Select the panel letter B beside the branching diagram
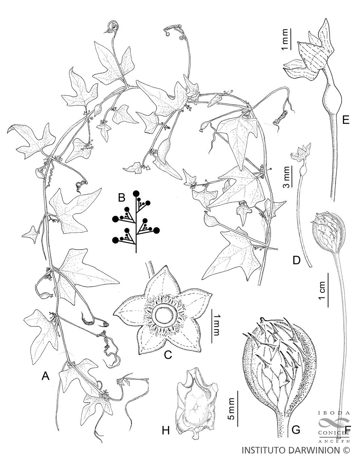121,197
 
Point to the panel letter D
297,261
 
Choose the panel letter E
345,120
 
